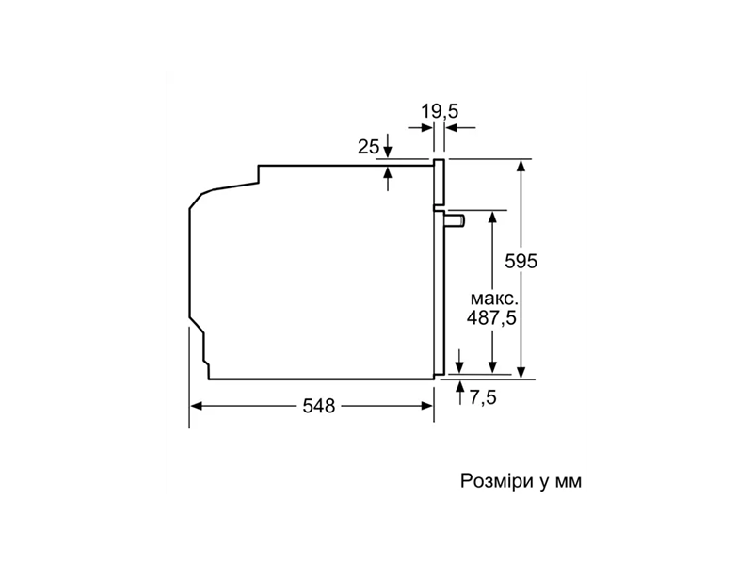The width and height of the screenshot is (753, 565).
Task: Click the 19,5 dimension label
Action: [x=440, y=111]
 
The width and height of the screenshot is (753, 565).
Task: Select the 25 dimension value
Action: [x=368, y=147]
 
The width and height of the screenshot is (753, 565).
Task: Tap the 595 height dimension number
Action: [x=521, y=261]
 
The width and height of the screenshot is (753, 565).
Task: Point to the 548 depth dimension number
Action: [x=319, y=407]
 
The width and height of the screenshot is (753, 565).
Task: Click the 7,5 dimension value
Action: [x=483, y=397]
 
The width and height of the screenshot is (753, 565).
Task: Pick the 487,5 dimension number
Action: [x=491, y=317]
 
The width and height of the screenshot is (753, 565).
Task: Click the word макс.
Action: [x=494, y=299]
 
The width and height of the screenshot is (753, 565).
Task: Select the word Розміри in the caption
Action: [x=497, y=480]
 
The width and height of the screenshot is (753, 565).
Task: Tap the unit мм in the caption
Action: [x=569, y=481]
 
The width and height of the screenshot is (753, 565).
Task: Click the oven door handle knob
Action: [x=455, y=220]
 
